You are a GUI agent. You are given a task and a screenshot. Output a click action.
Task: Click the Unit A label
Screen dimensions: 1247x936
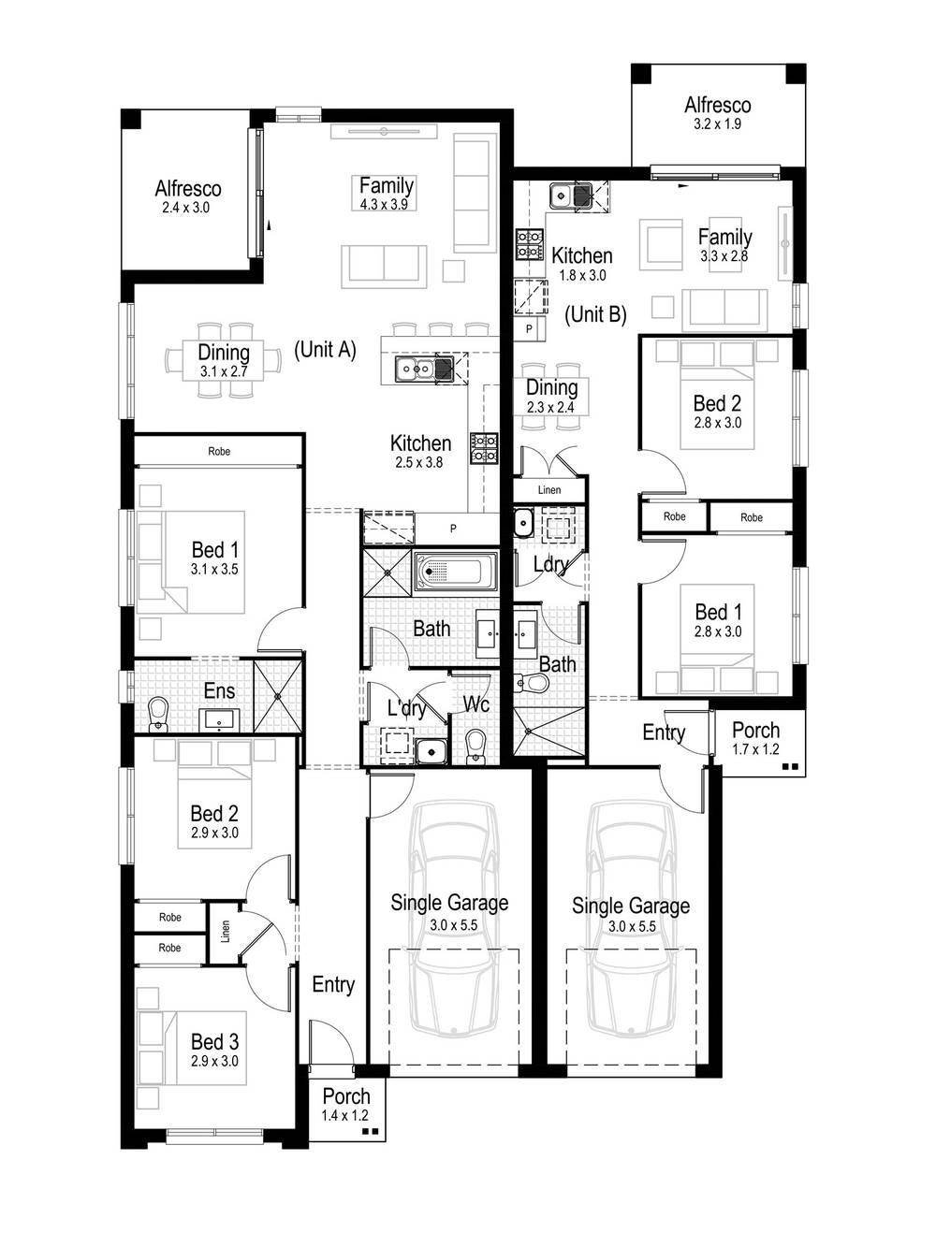[x=325, y=350]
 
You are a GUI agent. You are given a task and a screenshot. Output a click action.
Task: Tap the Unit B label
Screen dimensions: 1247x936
[x=595, y=314]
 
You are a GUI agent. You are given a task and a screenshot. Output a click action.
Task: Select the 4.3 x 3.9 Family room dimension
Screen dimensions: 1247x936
[x=384, y=204]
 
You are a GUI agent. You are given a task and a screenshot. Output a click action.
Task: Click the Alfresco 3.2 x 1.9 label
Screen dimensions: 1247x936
[x=717, y=113]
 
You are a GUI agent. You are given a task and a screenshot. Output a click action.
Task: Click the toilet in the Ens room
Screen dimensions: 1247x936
[x=157, y=713]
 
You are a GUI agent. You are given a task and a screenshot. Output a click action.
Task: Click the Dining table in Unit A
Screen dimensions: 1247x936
[x=224, y=360]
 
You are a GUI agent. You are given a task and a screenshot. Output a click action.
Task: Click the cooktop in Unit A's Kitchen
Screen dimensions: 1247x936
[x=484, y=447]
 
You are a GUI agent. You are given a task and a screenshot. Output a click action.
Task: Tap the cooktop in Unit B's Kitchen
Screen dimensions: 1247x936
[x=530, y=244]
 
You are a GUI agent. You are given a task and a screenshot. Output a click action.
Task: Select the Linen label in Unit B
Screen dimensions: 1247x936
[x=549, y=490]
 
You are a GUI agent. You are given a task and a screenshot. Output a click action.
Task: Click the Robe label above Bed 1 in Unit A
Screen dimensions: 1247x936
[x=219, y=451]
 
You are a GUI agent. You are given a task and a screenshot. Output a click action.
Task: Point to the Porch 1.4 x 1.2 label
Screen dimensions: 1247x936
[x=345, y=1104]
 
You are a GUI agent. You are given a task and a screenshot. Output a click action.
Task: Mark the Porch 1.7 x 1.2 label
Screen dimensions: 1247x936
[x=755, y=738]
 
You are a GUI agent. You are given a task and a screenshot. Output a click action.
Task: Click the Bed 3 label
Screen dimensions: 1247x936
[x=214, y=1050]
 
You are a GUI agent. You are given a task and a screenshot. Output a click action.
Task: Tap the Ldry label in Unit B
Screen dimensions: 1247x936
[x=549, y=564]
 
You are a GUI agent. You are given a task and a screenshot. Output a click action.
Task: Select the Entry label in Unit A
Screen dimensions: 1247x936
[x=333, y=984]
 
